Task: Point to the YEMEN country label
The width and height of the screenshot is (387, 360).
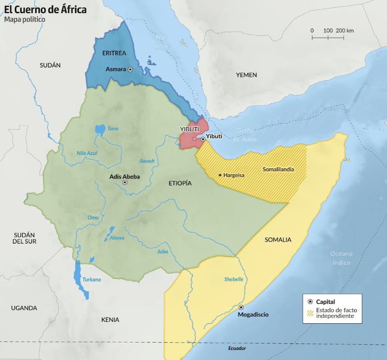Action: [x=246, y=75]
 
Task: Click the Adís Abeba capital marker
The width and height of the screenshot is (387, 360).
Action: [x=125, y=183]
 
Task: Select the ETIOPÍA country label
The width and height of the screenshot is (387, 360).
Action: [x=180, y=183]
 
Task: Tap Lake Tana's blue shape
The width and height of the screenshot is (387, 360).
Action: [x=100, y=130]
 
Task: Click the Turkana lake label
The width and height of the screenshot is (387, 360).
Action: [x=91, y=280]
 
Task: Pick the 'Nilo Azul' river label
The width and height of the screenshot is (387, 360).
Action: [x=87, y=153]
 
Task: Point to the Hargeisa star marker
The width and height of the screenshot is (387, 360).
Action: [x=221, y=175]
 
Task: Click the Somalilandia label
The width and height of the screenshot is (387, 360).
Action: [x=278, y=169]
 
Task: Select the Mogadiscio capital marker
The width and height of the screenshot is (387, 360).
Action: [x=241, y=307]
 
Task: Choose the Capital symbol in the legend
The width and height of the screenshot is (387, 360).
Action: [x=310, y=301]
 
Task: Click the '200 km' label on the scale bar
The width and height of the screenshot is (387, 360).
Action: [x=345, y=30]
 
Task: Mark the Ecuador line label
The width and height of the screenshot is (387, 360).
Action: [x=237, y=348]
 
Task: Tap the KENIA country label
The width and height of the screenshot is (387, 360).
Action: [x=110, y=320]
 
